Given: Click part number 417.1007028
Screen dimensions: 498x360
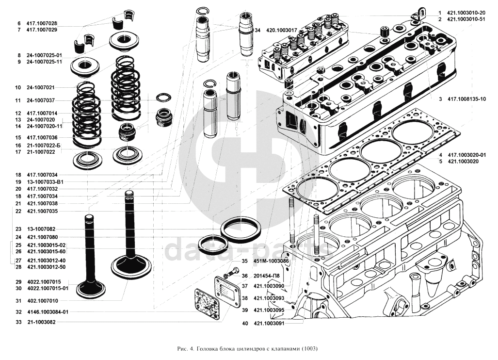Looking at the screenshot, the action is [42, 23].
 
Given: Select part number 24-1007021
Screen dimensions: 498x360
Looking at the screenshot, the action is [41, 87].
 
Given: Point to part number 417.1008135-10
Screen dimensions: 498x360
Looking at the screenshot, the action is [467, 99].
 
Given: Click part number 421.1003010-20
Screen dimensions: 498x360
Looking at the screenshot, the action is [466, 13].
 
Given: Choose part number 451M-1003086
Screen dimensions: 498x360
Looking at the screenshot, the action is [271, 261].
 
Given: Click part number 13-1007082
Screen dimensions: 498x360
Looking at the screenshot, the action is [41, 229].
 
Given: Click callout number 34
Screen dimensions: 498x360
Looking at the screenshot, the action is [257, 30].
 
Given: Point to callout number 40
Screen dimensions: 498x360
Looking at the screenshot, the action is [245, 324].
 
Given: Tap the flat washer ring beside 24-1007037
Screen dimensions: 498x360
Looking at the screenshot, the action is [163, 98].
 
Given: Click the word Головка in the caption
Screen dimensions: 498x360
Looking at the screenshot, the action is [208, 349].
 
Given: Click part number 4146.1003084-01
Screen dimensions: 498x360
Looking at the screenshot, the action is [48, 311].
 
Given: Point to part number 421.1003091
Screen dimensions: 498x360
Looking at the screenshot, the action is [269, 324].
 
